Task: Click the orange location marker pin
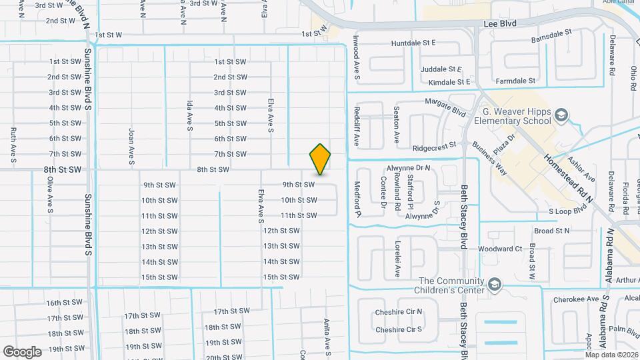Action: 320,159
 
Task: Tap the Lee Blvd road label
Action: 499,23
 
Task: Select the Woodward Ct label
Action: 500,249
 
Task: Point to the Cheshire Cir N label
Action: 399,311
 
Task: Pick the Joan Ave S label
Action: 132,147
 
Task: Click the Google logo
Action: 22,351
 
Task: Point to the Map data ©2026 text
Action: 611,354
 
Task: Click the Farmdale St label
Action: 520,81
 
